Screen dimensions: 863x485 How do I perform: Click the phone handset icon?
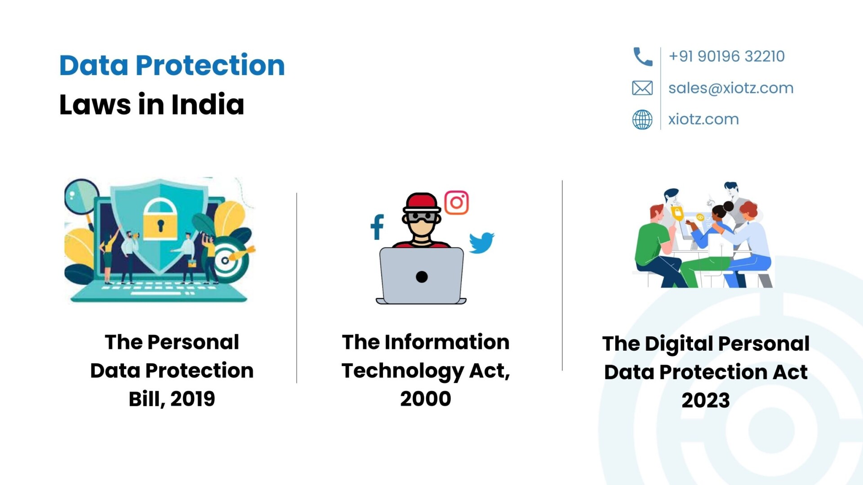pyautogui.click(x=642, y=57)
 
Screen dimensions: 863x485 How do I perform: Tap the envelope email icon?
pyautogui.click(x=642, y=88)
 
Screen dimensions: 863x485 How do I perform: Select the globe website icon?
pyautogui.click(x=642, y=119)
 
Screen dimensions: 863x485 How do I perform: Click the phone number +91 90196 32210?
pyautogui.click(x=726, y=56)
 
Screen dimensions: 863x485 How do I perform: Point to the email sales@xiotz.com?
pyautogui.click(x=731, y=88)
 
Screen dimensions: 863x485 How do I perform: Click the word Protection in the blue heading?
pyautogui.click(x=210, y=65)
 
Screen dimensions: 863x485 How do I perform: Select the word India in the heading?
pyautogui.click(x=208, y=104)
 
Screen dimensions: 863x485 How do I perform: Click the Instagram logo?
pyautogui.click(x=457, y=203)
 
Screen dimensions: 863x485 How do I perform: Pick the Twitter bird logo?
pyautogui.click(x=481, y=243)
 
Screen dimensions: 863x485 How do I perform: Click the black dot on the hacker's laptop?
pyautogui.click(x=422, y=277)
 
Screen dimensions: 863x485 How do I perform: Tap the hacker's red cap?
pyautogui.click(x=422, y=203)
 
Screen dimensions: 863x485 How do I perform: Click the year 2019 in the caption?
pyautogui.click(x=193, y=399)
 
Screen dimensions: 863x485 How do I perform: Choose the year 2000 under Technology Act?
pyautogui.click(x=426, y=399)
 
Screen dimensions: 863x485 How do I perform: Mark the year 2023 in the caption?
pyautogui.click(x=706, y=400)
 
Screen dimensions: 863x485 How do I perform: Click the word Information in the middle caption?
pyautogui.click(x=447, y=342)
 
